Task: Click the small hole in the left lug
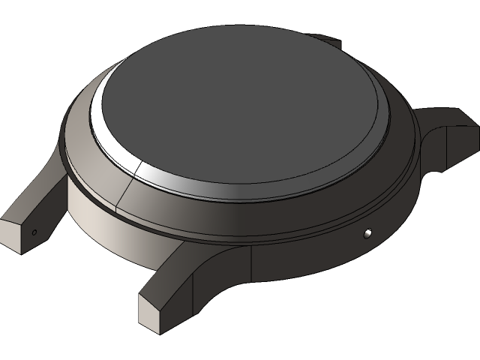pyautogui.click(x=34, y=232)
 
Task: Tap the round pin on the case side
pyautogui.click(x=367, y=234)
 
